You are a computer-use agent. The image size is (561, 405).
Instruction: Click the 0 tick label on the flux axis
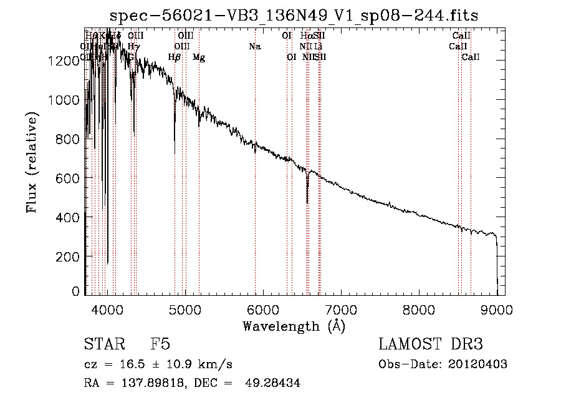pos(76,291)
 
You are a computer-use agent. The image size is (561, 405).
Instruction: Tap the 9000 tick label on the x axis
pos(497,308)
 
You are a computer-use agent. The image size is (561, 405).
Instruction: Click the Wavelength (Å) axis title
pos(294,325)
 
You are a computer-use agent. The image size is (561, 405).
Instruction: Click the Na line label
pos(254,46)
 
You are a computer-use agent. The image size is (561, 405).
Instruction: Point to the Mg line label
pos(199,57)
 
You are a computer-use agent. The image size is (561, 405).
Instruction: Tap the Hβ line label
pos(175,57)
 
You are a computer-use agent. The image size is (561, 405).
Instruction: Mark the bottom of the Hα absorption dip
pos(307,202)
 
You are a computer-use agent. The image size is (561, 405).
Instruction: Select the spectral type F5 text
pos(160,344)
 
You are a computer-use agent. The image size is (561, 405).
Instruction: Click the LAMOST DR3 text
pos(431,344)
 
